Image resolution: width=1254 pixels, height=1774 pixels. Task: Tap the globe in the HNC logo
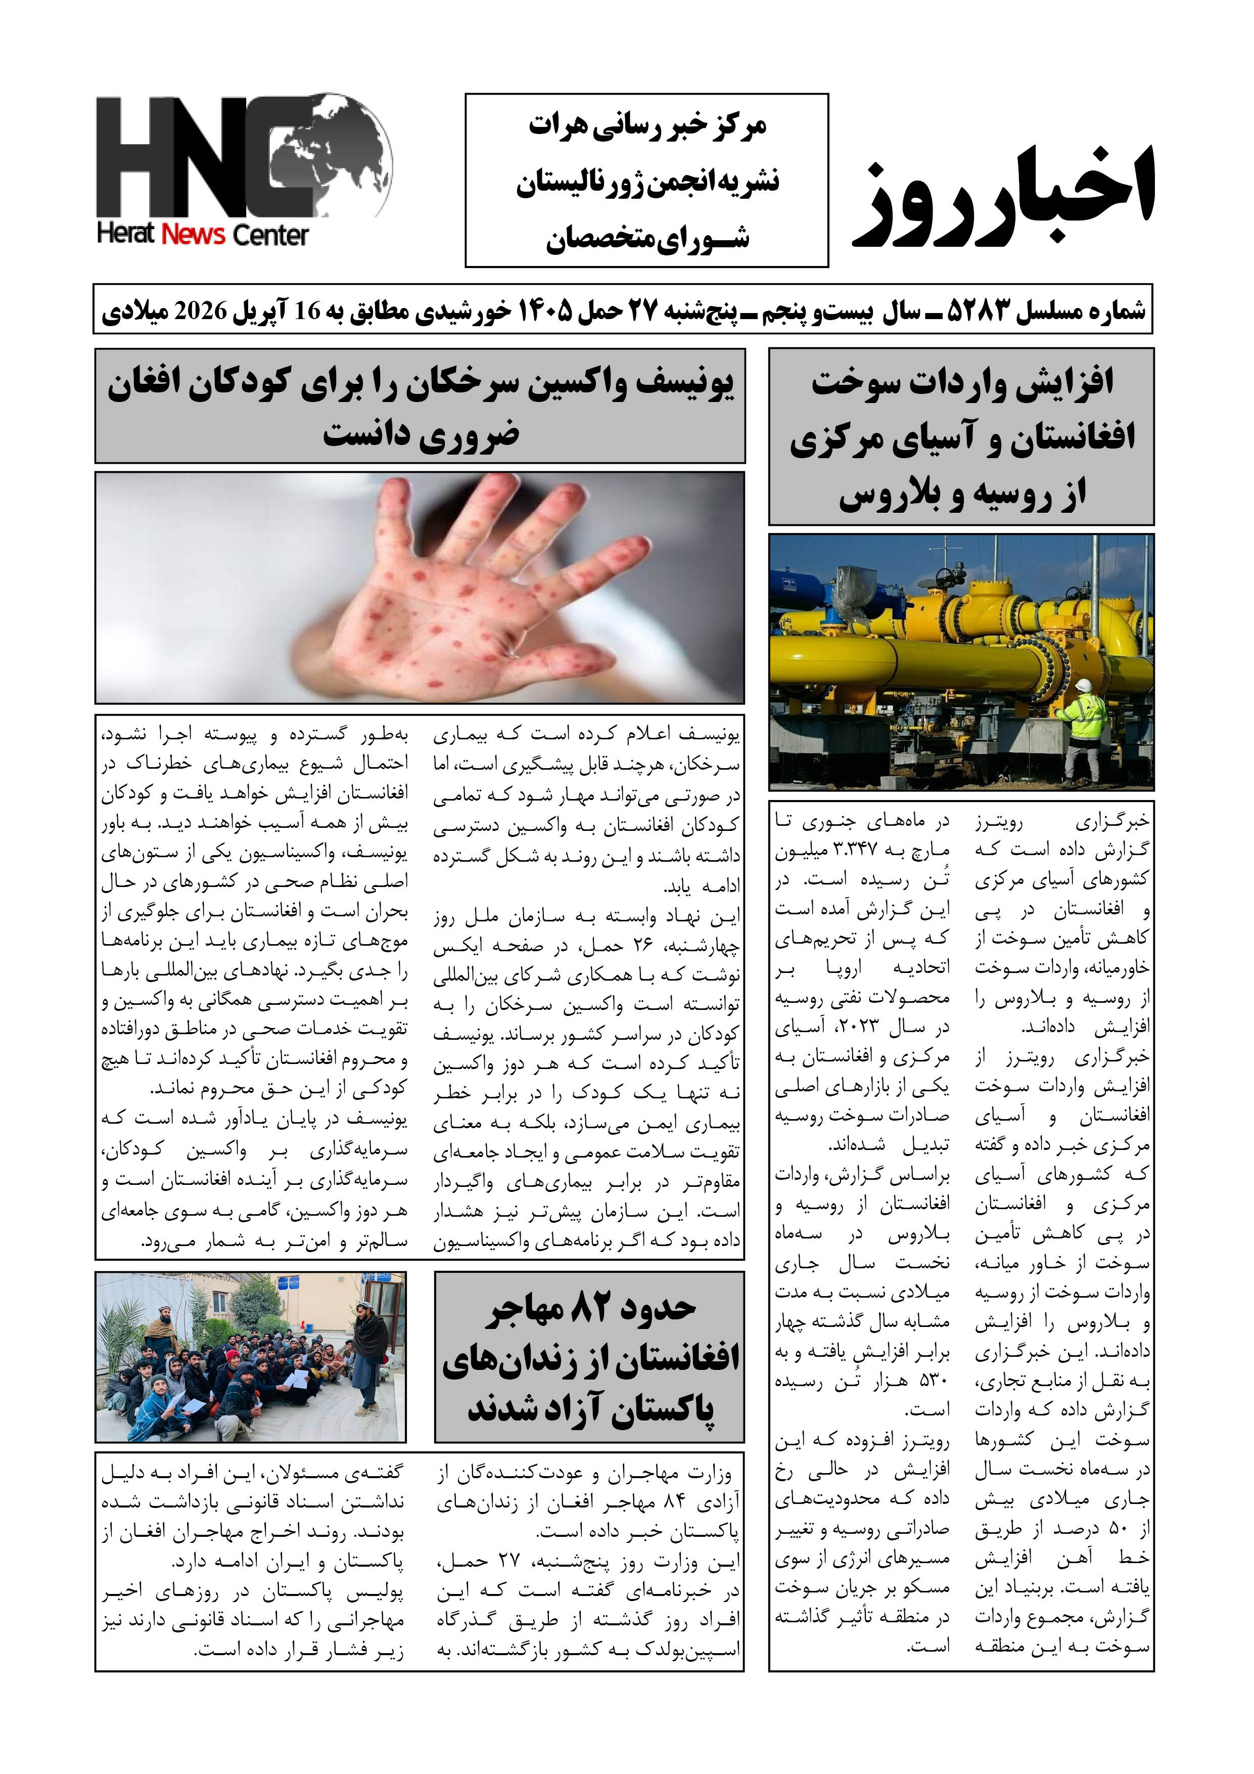(332, 155)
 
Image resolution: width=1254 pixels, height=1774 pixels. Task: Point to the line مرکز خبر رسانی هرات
(647, 126)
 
